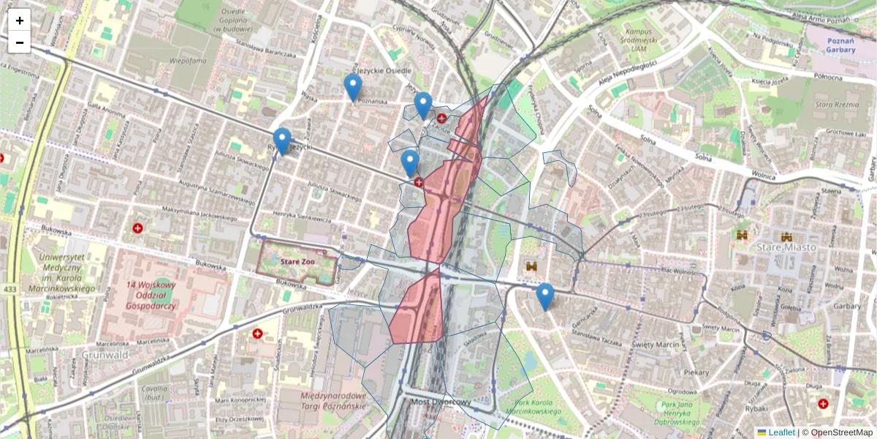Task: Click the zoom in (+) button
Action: (x=20, y=20)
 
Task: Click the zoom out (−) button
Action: (x=20, y=42)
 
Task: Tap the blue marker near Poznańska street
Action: (x=353, y=87)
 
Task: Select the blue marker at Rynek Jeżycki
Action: (x=282, y=141)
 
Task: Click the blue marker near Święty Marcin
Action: (x=544, y=296)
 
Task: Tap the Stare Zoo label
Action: (x=297, y=260)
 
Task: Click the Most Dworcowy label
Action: (x=440, y=402)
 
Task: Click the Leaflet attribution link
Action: (x=781, y=432)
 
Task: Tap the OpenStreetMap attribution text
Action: (x=840, y=432)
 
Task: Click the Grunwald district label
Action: (x=107, y=355)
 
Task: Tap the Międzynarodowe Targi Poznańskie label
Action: (x=333, y=400)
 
